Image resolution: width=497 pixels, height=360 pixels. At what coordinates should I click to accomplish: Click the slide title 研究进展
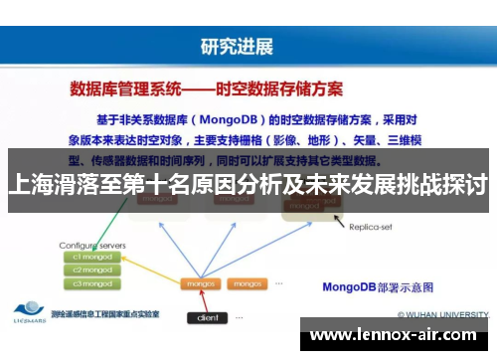click(236, 46)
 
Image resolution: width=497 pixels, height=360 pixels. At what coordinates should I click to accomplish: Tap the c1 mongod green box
click(92, 257)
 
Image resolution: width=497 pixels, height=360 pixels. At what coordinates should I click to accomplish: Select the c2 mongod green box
click(92, 270)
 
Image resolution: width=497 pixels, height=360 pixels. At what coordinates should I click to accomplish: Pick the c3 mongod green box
click(92, 282)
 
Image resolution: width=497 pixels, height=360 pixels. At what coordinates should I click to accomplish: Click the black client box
click(207, 318)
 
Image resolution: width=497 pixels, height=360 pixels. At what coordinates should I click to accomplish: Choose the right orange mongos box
click(244, 283)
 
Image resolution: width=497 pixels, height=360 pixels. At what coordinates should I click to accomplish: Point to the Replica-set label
click(373, 226)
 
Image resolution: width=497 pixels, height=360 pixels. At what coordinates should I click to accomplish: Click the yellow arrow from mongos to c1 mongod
click(149, 269)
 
